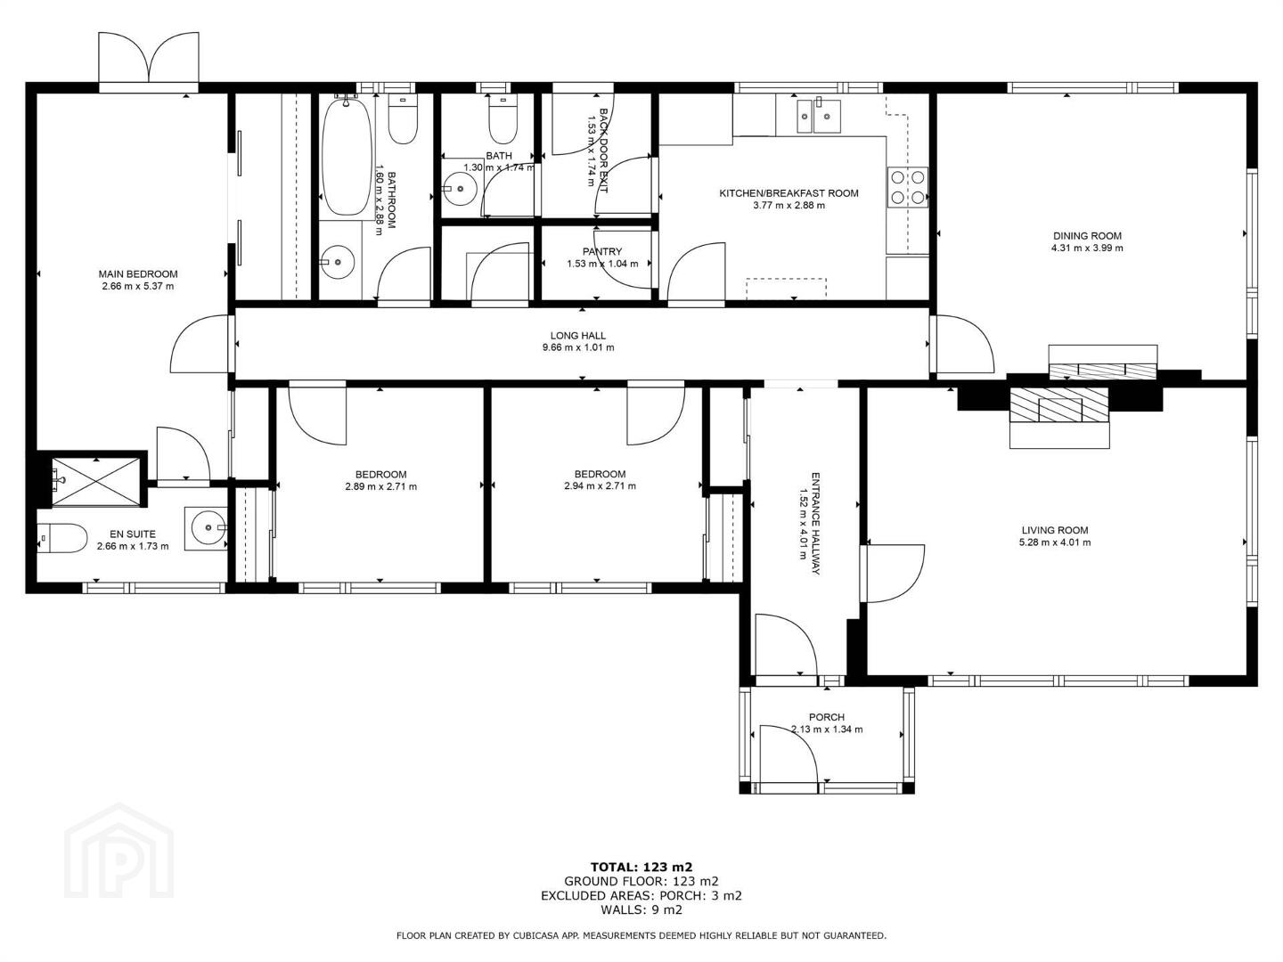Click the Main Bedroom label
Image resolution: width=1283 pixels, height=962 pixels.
(x=138, y=274)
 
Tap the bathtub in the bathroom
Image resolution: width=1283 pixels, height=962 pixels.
(x=347, y=158)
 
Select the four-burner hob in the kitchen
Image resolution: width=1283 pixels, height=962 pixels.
(x=908, y=187)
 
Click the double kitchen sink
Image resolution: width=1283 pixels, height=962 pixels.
(x=819, y=116)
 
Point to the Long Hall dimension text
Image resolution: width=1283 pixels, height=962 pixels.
(x=578, y=347)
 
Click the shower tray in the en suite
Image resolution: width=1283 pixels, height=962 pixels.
(x=96, y=482)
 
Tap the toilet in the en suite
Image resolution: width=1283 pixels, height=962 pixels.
(x=62, y=538)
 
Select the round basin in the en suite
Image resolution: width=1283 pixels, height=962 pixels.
(x=208, y=528)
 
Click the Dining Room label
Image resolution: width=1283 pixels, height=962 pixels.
(x=1087, y=236)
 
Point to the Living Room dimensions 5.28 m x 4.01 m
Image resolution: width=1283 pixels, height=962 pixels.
(x=1055, y=542)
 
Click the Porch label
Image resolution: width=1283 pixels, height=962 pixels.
(x=827, y=717)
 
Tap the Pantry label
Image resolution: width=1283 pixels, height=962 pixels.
(x=602, y=252)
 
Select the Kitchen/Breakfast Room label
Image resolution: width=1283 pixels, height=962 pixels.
(x=789, y=193)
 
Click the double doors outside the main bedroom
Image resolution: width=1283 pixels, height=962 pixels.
(x=149, y=59)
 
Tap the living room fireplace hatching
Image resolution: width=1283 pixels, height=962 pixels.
(x=1059, y=404)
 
